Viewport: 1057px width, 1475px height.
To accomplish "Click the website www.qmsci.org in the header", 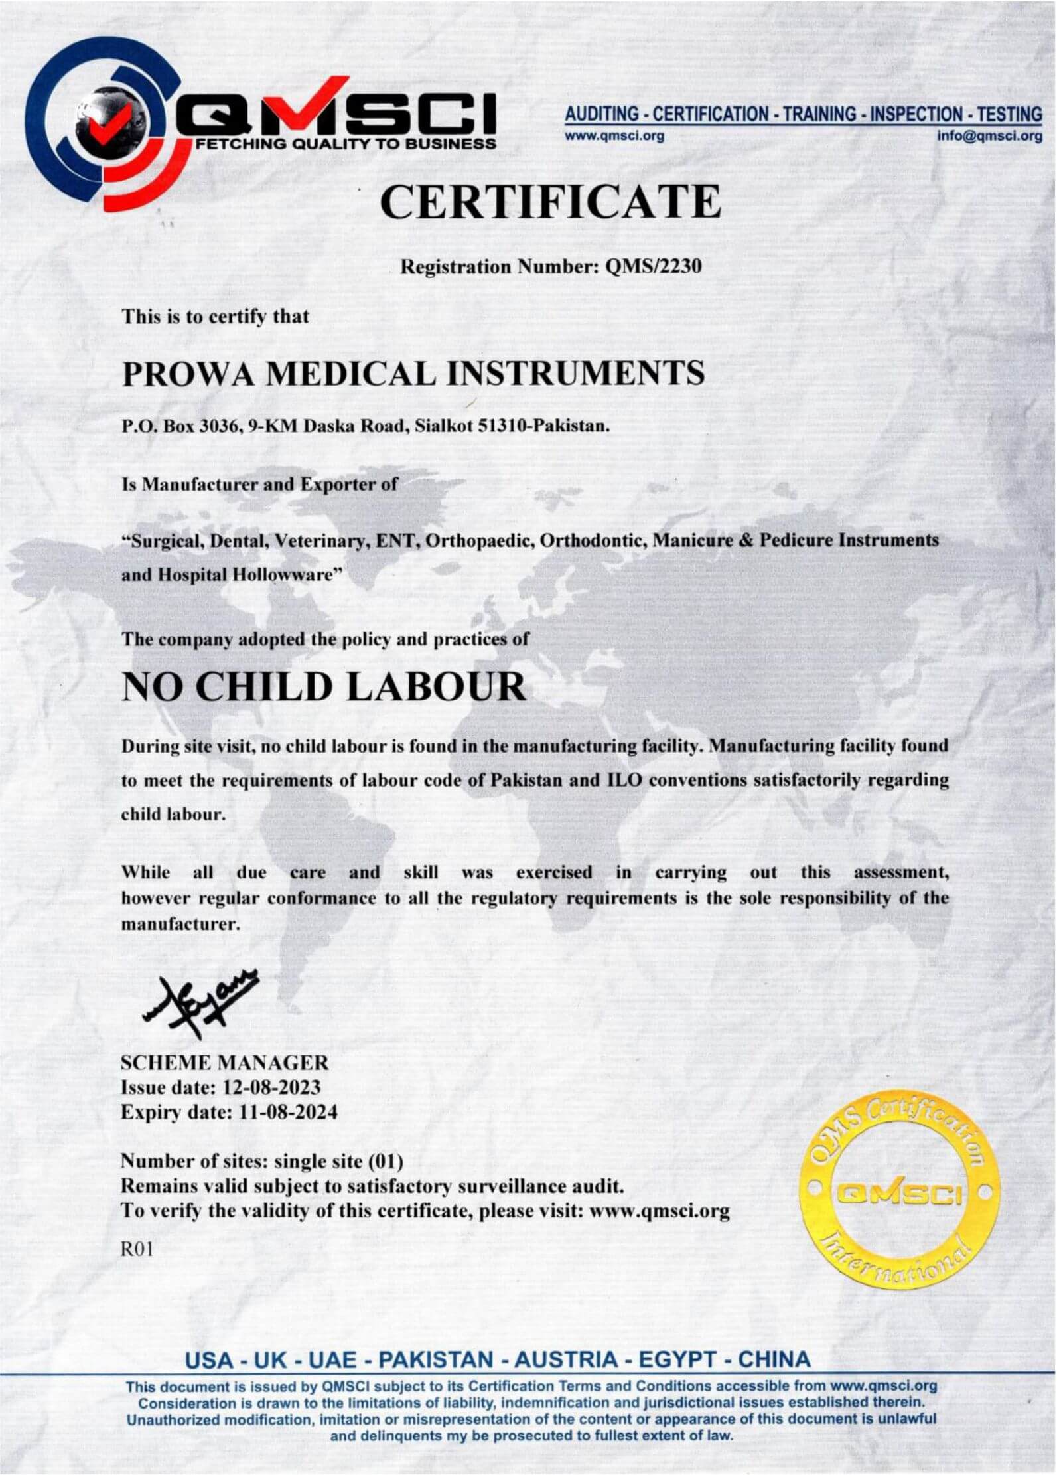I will pyautogui.click(x=614, y=136).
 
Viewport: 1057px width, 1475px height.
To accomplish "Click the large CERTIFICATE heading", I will pyautogui.click(x=550, y=202).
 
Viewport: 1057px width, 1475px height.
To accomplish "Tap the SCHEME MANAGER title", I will pyautogui.click(x=224, y=1063).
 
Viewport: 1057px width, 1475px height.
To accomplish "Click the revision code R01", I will pyautogui.click(x=137, y=1250).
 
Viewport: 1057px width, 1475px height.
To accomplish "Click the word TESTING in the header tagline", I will pyautogui.click(x=1009, y=114).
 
